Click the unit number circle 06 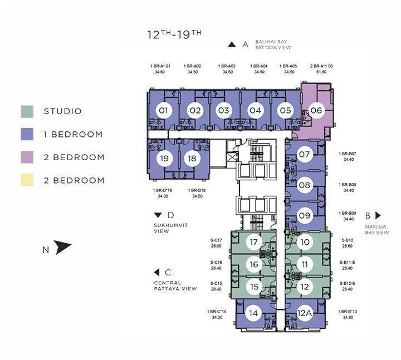(316, 110)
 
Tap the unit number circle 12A (305, 313)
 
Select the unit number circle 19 (164, 159)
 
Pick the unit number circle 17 (254, 241)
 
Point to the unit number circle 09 (305, 215)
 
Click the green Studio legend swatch (27, 112)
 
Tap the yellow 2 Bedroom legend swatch (27, 180)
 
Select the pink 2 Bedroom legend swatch (27, 157)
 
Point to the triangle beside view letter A (232, 45)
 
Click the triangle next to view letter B (378, 215)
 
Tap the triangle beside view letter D (158, 215)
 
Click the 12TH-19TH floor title (174, 34)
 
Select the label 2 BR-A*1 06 (321, 66)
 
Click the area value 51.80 (321, 72)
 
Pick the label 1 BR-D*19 (163, 190)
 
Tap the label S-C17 (216, 240)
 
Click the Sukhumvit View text (170, 228)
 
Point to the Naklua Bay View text (376, 230)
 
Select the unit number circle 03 (224, 110)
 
